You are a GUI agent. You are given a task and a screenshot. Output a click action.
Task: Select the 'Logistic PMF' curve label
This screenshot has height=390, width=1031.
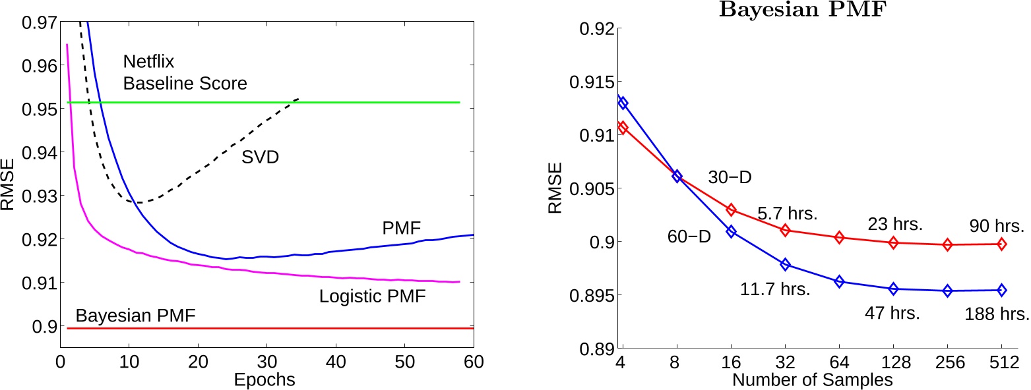pos(373,296)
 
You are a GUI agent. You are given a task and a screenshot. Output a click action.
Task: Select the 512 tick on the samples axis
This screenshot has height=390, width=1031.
pos(1001,362)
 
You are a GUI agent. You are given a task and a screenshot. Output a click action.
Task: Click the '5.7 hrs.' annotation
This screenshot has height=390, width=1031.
pos(786,214)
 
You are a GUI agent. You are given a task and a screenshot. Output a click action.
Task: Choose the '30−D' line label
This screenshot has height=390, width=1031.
pos(730,177)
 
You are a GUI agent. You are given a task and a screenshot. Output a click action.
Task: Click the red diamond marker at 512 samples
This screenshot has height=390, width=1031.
pos(1001,244)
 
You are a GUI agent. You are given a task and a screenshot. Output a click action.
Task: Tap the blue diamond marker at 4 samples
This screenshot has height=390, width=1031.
pos(623,103)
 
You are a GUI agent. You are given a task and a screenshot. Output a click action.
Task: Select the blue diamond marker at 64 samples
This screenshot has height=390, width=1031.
pos(839,281)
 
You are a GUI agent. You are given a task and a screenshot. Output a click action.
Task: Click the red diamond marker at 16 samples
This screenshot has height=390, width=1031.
pos(731,209)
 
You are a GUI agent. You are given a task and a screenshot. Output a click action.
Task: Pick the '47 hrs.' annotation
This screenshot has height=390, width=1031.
pos(892,312)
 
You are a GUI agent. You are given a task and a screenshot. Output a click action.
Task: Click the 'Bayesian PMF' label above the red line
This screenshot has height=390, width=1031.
pos(136,316)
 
